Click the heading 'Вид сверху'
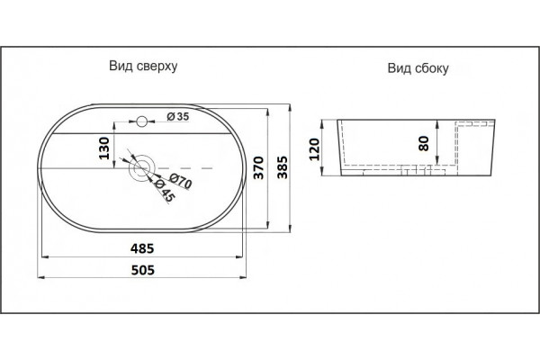coord(143,66)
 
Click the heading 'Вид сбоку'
coord(418,68)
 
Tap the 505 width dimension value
coord(142,270)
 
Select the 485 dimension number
coord(142,248)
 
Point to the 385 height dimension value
coord(283,167)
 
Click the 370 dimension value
coord(258,167)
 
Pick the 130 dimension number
coord(104,148)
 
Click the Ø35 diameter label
coord(178,116)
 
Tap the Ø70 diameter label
coord(181,182)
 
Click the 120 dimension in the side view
coord(314,149)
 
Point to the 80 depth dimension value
coord(424,143)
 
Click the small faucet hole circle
coord(141,121)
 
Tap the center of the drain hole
coord(142,168)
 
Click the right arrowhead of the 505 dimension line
coord(243,277)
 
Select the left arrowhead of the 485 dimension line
coord(45,256)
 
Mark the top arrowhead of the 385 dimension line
coord(291,107)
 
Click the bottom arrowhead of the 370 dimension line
coord(267,225)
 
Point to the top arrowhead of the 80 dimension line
coord(437,123)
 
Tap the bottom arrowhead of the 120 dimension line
coord(323,172)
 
